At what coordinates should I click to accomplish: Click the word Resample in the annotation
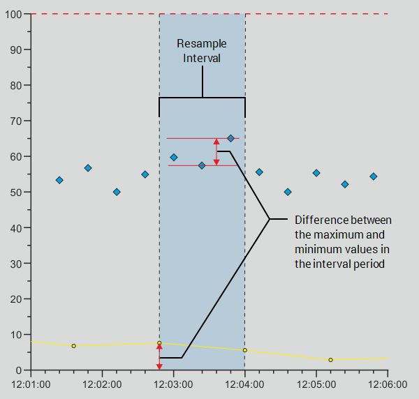click(202, 44)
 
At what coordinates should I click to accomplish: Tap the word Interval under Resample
click(202, 59)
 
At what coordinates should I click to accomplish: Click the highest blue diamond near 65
click(230, 138)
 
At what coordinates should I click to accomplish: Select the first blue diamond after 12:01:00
click(59, 180)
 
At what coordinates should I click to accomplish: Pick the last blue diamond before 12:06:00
click(374, 176)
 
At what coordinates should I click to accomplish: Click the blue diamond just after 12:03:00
click(174, 157)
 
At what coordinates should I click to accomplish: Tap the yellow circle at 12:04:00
click(245, 350)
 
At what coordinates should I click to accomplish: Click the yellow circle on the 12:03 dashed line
click(159, 343)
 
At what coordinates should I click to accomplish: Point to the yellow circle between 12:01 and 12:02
click(73, 346)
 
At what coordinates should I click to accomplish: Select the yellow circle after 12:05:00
click(330, 360)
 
